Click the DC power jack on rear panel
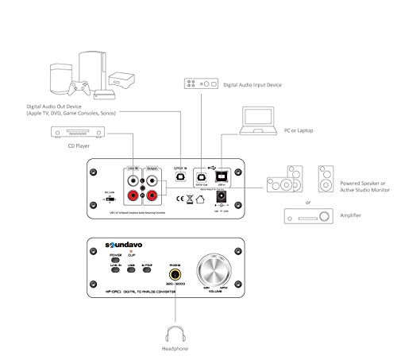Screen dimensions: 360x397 pyautogui.click(x=223, y=195)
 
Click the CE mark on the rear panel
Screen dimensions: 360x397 pyautogui.click(x=181, y=196)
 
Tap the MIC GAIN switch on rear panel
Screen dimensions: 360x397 pyautogui.click(x=109, y=199)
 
